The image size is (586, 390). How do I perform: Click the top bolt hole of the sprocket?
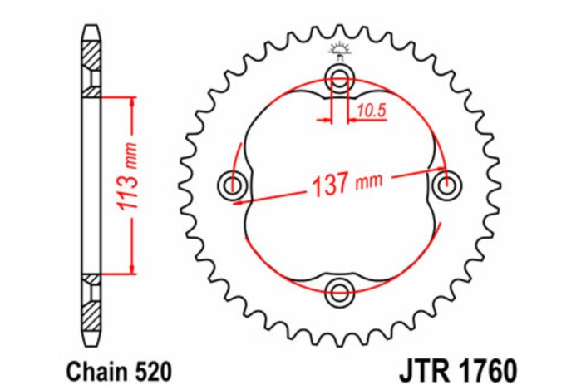(x=339, y=80)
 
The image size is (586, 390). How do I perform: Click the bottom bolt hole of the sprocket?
(x=339, y=291)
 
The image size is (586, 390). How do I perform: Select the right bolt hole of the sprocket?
(x=446, y=185)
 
